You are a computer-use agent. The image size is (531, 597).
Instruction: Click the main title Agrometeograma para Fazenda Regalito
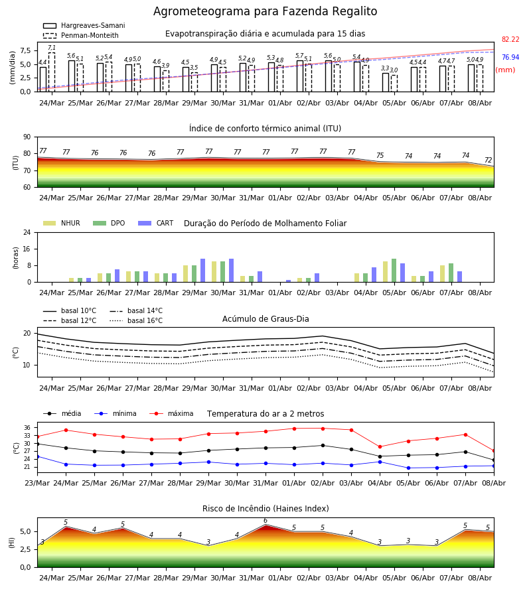point(265,11)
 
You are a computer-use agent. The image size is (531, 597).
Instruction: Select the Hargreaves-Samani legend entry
point(84,25)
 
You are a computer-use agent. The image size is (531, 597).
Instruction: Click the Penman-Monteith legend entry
point(81,35)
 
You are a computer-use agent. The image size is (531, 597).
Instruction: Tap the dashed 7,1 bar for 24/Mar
point(51,72)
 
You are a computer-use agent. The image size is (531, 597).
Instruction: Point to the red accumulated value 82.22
point(510,39)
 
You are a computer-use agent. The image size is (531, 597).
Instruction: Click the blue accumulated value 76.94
point(510,57)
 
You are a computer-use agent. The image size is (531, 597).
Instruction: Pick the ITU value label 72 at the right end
point(489,161)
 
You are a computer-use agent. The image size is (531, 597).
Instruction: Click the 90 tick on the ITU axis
point(27,137)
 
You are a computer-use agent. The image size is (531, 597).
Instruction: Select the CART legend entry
point(156,223)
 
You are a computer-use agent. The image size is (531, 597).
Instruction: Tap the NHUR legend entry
point(62,223)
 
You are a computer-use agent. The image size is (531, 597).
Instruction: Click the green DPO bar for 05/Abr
point(394,271)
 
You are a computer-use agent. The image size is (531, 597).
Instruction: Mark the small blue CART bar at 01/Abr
point(288,281)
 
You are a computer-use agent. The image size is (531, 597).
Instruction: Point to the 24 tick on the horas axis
point(27,233)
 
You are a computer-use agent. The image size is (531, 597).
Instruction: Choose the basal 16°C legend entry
point(136,320)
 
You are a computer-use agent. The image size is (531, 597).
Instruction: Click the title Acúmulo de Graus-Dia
point(265,319)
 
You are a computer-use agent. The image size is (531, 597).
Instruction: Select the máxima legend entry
point(171,413)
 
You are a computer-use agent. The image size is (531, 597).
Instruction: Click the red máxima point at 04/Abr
point(380,446)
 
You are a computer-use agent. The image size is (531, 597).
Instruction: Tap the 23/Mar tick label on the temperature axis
point(37,483)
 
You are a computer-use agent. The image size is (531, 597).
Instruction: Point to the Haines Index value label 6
point(265,521)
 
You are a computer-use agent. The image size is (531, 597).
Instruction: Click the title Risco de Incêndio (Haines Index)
point(265,509)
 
